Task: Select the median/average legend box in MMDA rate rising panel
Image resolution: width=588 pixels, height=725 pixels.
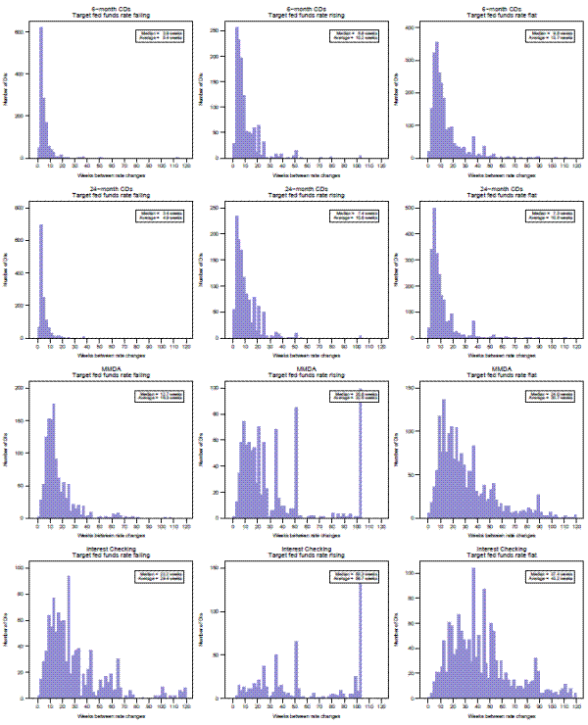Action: tap(354, 396)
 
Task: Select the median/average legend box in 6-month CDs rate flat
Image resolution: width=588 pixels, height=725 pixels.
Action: tap(550, 35)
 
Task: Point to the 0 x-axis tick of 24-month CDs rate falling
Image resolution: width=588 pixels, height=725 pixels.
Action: tap(36, 344)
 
